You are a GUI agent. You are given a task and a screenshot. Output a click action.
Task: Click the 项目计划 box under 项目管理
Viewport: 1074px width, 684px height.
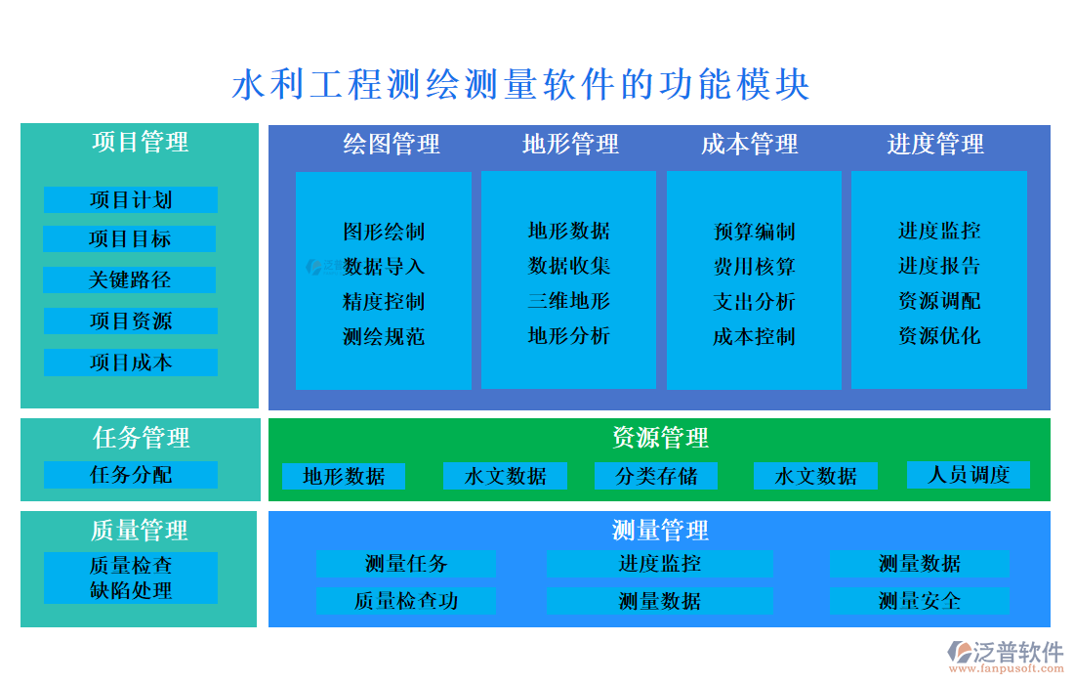(x=130, y=200)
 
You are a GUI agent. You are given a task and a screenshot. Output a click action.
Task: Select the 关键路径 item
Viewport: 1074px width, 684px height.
(x=130, y=280)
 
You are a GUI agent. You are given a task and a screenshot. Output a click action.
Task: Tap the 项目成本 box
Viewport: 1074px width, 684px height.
(x=130, y=363)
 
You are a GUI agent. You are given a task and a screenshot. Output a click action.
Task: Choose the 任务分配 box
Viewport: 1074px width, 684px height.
(x=130, y=476)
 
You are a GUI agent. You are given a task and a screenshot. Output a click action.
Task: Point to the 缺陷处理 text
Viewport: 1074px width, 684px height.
(x=130, y=591)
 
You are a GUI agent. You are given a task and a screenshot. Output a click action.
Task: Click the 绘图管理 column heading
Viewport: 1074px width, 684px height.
(x=392, y=145)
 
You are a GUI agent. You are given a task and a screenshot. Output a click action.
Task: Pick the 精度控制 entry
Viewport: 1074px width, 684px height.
(x=384, y=302)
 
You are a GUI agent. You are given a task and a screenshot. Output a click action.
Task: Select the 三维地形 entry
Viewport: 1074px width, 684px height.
(x=569, y=301)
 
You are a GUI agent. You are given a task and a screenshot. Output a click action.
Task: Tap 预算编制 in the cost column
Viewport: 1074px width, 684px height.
(x=754, y=232)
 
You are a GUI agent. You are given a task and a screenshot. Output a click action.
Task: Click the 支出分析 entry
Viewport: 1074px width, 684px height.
(x=754, y=302)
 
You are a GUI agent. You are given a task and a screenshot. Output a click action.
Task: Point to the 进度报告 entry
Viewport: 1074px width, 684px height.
(x=939, y=266)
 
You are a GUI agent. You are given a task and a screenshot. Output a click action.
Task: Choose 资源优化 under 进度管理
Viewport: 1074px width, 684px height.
(x=939, y=336)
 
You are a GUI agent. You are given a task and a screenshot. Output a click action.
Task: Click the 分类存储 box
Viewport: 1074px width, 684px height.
(x=656, y=477)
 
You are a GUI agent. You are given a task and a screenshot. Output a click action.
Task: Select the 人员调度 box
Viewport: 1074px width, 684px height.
(x=969, y=475)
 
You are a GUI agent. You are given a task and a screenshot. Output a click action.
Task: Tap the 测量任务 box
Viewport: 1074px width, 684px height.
(x=406, y=564)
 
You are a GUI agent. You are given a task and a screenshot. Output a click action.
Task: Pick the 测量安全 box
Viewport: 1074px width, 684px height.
(x=919, y=601)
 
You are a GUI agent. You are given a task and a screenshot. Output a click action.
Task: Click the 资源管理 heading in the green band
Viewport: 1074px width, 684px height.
(x=660, y=438)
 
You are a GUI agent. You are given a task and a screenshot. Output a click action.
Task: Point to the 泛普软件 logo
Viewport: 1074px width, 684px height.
(x=1006, y=653)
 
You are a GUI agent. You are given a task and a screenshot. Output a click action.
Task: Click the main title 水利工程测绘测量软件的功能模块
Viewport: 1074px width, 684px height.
(x=521, y=85)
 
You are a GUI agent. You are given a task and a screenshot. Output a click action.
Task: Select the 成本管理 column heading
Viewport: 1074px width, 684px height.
(x=750, y=145)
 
